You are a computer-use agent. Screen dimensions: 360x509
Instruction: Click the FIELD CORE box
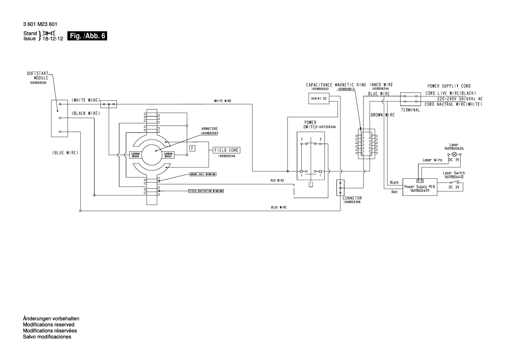[x=226, y=150]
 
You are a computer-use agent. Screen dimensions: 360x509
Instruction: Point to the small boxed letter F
[x=192, y=148]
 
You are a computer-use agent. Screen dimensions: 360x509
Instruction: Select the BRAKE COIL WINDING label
[x=203, y=174]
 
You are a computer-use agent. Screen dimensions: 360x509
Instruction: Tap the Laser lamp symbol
[x=455, y=154]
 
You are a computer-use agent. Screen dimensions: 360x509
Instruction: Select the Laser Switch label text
[x=454, y=173]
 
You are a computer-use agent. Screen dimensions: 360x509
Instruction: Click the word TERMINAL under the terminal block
[x=410, y=110]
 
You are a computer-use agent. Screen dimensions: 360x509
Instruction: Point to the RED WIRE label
[x=277, y=180]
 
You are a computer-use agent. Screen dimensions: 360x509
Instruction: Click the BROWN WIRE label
[x=382, y=115]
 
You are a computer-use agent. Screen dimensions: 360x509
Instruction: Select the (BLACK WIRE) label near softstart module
[x=86, y=113]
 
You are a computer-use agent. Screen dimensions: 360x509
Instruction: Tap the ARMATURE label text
[x=209, y=129]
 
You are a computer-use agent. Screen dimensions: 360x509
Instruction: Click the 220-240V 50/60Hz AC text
[x=454, y=99]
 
